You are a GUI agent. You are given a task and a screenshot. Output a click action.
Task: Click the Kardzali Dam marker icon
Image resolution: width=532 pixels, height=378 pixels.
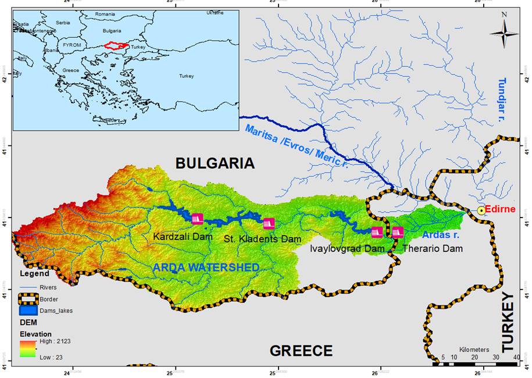pyautogui.click(x=197, y=219)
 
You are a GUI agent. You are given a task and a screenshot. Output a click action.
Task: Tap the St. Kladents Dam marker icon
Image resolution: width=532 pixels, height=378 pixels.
pyautogui.click(x=269, y=223)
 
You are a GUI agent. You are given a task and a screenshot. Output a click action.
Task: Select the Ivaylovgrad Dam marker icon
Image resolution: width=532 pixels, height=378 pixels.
pyautogui.click(x=377, y=232)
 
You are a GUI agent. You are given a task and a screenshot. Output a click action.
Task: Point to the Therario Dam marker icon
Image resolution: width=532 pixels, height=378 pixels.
pyautogui.click(x=398, y=232)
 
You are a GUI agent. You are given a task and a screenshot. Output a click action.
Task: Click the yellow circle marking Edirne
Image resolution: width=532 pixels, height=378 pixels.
pyautogui.click(x=481, y=210)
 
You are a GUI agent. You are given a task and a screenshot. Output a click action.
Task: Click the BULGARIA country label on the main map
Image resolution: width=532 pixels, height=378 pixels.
pyautogui.click(x=216, y=163)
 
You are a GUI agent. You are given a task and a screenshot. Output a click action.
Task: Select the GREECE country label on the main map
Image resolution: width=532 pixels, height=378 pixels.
pyautogui.click(x=301, y=351)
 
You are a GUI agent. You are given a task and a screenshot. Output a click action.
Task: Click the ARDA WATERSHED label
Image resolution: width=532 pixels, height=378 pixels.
pyautogui.click(x=206, y=268)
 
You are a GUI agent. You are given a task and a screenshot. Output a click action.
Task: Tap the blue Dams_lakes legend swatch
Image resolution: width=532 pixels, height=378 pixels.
pyautogui.click(x=28, y=311)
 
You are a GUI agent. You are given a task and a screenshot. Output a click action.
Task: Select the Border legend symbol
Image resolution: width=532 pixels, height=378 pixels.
pyautogui.click(x=28, y=299)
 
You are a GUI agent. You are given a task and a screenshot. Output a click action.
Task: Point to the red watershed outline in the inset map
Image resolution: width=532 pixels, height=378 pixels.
pyautogui.click(x=116, y=45)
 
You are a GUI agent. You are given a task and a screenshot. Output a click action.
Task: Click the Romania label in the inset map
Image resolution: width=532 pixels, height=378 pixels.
pyautogui.click(x=105, y=13)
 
